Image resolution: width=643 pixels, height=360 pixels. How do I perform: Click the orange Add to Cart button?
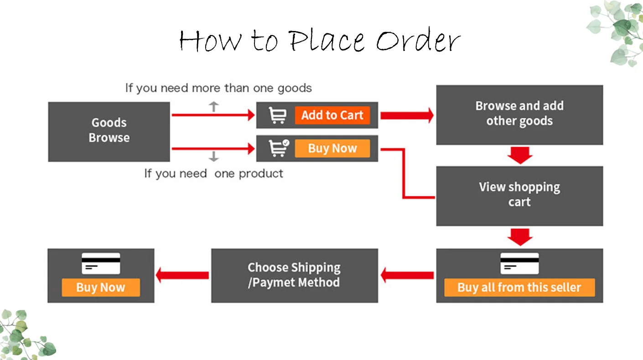[x=332, y=115]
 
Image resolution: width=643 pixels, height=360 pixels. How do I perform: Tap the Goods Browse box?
[x=109, y=131]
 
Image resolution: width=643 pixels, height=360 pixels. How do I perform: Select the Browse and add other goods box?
[x=519, y=114]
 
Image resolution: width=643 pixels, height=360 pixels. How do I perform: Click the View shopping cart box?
[x=519, y=195]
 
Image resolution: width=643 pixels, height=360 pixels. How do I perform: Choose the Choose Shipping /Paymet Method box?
[x=294, y=275]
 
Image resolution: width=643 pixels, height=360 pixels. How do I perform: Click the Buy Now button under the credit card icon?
[x=101, y=288]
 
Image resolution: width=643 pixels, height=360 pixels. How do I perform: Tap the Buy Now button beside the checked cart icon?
[x=332, y=149]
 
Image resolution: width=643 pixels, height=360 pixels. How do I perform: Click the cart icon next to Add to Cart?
[x=277, y=115]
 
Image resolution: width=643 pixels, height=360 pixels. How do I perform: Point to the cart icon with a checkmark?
[x=278, y=148]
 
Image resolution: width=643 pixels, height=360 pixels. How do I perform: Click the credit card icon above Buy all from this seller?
[x=519, y=263]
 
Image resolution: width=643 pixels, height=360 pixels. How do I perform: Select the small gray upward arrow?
[x=213, y=107]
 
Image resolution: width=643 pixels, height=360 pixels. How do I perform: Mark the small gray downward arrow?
[x=213, y=157]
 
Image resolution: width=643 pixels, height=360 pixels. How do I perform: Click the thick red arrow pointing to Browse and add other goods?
[x=406, y=115]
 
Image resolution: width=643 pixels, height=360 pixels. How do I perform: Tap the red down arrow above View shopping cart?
[x=519, y=155]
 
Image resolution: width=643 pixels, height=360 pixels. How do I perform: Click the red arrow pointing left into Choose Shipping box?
[x=407, y=275]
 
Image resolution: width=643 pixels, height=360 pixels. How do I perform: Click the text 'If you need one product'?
[x=213, y=174]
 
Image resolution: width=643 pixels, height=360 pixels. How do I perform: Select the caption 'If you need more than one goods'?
[x=218, y=88]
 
